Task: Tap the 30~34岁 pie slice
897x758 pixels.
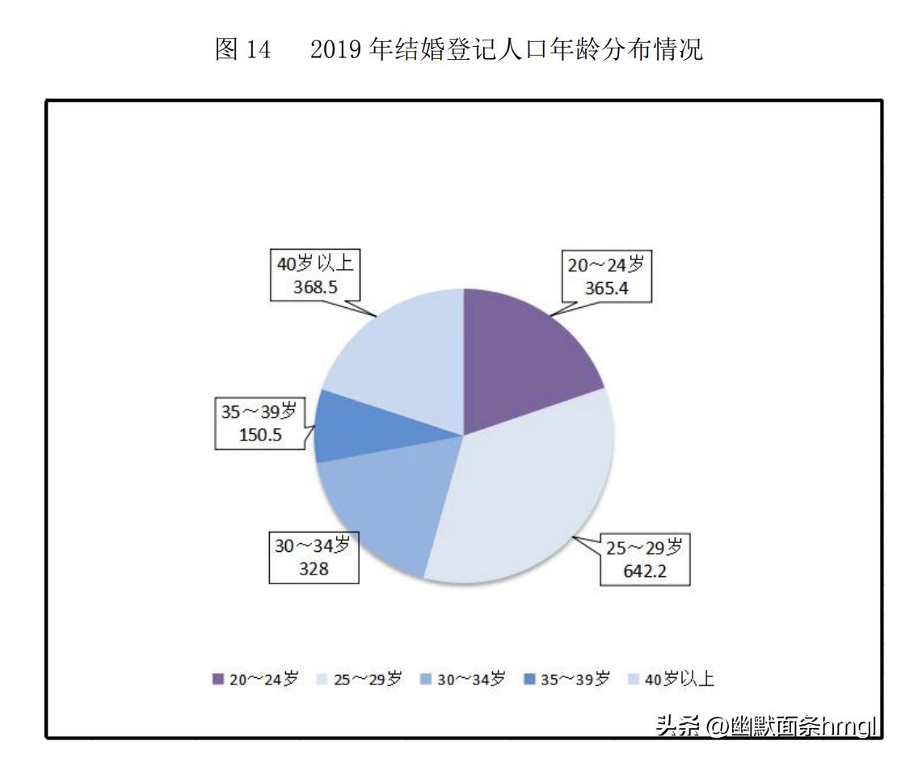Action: pos(380,509)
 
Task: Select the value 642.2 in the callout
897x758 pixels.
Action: pos(644,571)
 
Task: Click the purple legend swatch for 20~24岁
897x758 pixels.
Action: pos(217,680)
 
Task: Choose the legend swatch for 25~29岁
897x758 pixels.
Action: pos(322,680)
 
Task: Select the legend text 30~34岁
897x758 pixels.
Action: pos(471,680)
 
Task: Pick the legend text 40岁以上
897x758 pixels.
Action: pos(679,680)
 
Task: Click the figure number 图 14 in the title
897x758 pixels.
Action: pos(242,50)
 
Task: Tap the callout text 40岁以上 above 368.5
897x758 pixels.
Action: pos(314,263)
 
